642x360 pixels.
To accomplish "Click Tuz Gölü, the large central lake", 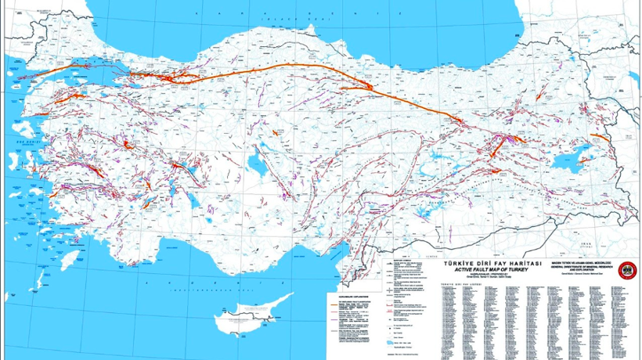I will pos(255,164).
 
